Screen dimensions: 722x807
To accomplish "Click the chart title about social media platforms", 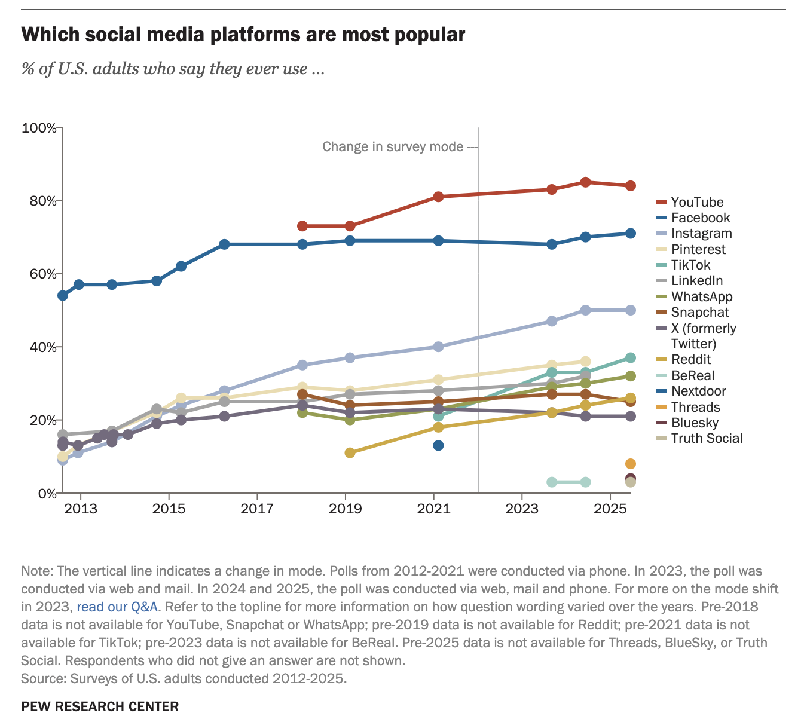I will pos(243,35).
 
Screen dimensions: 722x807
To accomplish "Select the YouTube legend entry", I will pos(697,202).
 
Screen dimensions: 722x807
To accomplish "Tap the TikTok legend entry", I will pos(690,265).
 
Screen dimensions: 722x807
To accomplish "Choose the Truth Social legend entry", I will pos(707,438).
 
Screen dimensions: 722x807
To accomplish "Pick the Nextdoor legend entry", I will pos(698,391).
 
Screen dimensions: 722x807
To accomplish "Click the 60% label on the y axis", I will pos(42,274).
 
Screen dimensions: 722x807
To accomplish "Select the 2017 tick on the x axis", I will pos(257,509).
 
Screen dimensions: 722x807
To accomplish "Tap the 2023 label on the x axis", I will pos(522,509).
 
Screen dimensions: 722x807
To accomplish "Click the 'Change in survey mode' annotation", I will pos(393,146).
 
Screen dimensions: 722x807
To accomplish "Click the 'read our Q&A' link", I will pos(117,607).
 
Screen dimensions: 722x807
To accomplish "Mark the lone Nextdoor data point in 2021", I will pos(438,445).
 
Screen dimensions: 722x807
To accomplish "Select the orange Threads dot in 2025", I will pos(630,464).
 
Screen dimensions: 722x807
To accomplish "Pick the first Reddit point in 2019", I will pos(350,452).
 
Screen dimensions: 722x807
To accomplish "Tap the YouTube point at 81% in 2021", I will pos(438,197).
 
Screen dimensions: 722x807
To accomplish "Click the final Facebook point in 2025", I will pos(630,233).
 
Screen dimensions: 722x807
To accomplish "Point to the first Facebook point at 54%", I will pos(62,295).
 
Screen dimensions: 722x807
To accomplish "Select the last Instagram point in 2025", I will pos(630,310).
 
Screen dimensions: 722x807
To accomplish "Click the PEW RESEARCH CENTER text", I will pos(100,706).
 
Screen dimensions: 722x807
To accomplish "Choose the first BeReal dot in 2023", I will pos(552,482).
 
